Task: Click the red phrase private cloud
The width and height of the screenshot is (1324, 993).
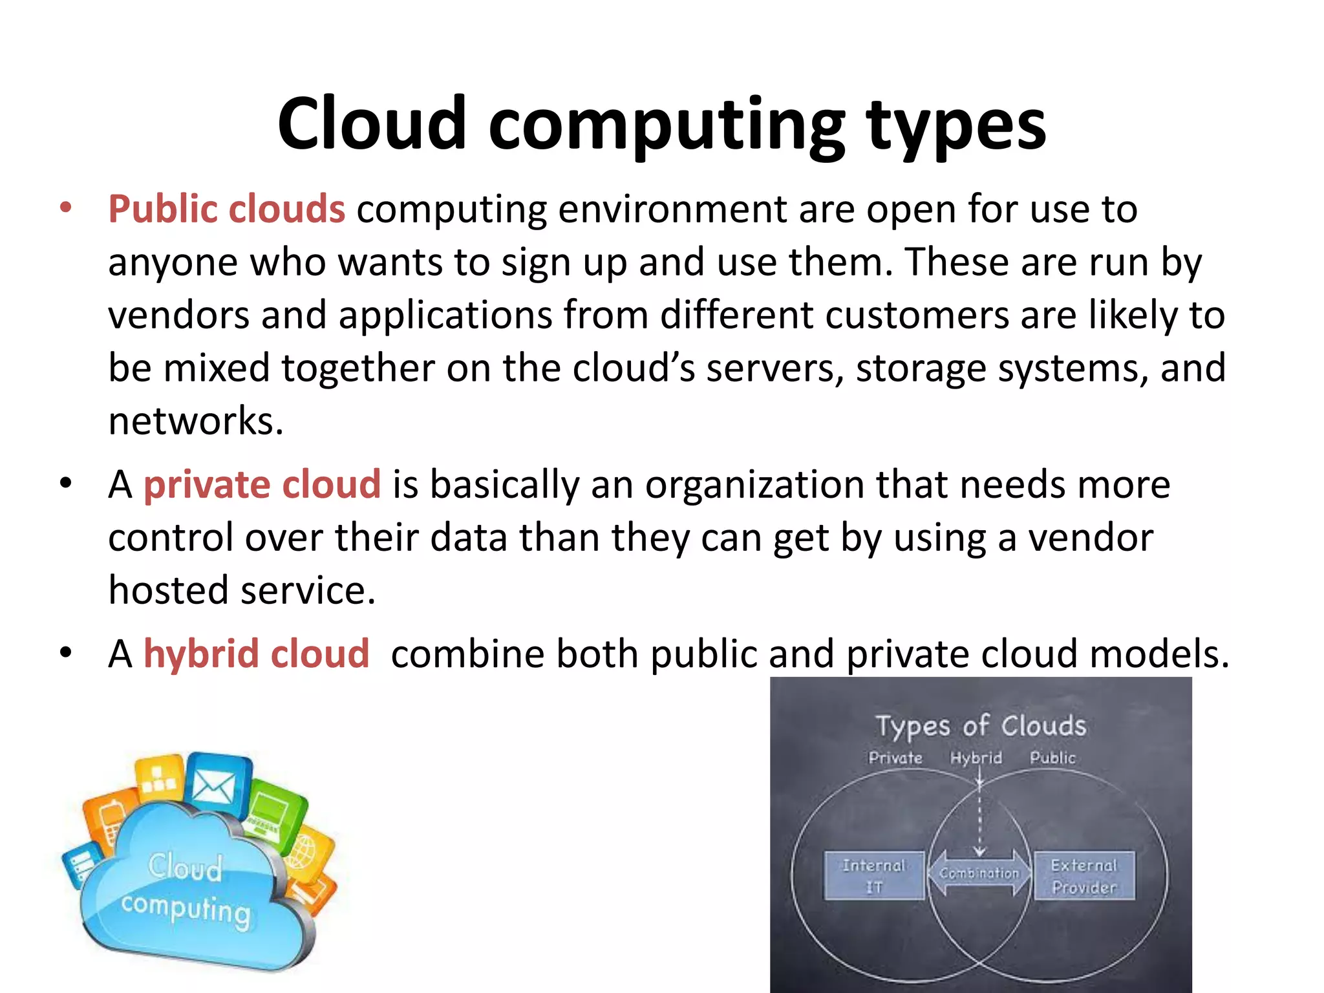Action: click(262, 485)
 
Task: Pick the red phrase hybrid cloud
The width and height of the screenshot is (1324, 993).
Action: click(256, 654)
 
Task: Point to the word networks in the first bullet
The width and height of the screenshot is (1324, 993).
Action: click(195, 421)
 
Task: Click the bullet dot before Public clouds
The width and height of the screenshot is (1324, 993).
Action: click(65, 209)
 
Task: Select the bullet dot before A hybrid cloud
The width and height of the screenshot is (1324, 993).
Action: click(65, 653)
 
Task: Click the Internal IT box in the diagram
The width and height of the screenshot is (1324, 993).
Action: click(874, 875)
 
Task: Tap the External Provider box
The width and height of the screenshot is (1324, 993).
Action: click(1084, 875)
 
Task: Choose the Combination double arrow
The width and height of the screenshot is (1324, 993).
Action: click(979, 873)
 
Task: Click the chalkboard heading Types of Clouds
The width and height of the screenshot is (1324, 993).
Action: click(981, 726)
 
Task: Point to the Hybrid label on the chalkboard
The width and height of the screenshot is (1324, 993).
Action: click(976, 758)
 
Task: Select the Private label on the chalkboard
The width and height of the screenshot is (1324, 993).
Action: click(895, 758)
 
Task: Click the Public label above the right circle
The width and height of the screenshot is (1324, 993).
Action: click(1052, 758)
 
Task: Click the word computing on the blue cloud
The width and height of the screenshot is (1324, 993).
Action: click(186, 908)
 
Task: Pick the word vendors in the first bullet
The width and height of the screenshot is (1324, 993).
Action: click(178, 315)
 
